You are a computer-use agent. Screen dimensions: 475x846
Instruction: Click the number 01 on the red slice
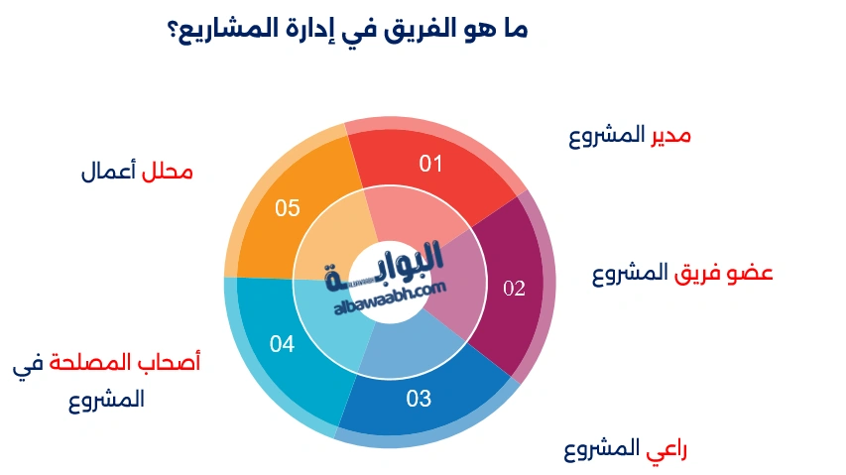pos(429,164)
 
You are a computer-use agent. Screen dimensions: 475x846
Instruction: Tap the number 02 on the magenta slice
pos(514,290)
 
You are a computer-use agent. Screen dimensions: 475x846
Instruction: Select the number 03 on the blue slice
pos(419,400)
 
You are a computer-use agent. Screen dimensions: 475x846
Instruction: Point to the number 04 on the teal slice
pos(282,345)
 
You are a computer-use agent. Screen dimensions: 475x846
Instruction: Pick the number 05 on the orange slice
pos(288,208)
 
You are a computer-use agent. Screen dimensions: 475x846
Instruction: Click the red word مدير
pos(670,135)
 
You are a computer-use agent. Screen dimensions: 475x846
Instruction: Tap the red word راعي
pos(666,450)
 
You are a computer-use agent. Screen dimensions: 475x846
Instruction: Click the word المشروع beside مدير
pos(606,135)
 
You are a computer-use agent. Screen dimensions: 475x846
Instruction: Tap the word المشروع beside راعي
pos(599,450)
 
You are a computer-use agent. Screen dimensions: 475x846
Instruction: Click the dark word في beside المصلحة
pos(29,365)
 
